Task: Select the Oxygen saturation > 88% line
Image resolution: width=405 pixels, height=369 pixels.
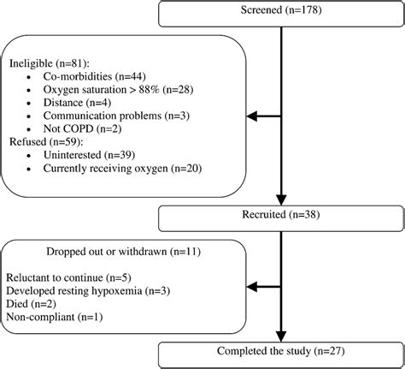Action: pos(109,92)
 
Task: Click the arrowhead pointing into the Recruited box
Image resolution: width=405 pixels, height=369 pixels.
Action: pos(280,199)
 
